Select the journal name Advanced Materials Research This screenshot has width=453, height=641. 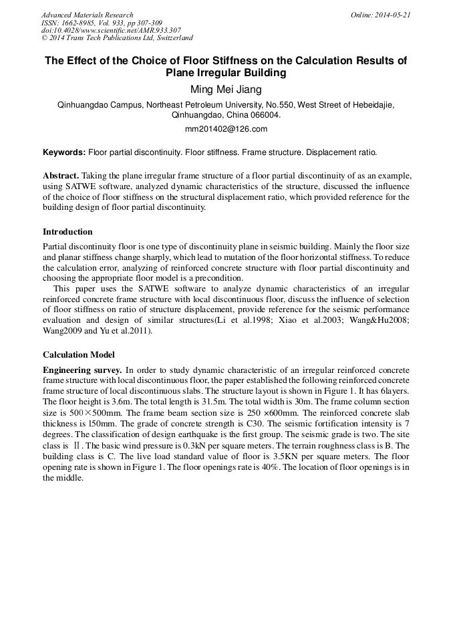[x=88, y=15]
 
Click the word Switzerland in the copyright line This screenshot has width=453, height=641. [x=170, y=38]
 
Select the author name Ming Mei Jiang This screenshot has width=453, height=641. [x=226, y=90]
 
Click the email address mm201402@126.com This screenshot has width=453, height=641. [x=226, y=129]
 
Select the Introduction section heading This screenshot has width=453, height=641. [x=67, y=232]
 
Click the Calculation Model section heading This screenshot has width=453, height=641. [x=78, y=355]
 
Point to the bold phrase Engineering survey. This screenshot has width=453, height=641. [x=82, y=370]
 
